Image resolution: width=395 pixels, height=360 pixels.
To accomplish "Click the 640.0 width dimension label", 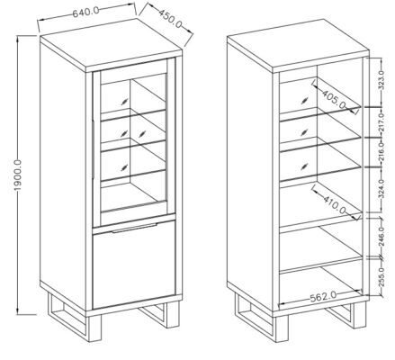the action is (x=85, y=12).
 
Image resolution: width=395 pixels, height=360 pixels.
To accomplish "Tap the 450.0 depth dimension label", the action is (x=170, y=19).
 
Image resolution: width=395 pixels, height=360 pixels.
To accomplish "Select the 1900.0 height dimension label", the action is (x=18, y=175).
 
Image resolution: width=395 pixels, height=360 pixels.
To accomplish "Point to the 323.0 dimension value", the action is (x=382, y=80).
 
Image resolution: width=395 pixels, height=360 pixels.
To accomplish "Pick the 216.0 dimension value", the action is (x=382, y=151).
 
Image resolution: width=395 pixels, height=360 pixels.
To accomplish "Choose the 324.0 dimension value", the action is (x=382, y=189).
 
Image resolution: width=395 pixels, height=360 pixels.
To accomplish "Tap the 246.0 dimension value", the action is (x=382, y=237).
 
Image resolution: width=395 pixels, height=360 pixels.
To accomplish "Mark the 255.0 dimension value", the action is (x=382, y=276).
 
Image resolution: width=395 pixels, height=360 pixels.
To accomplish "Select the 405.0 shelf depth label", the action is (x=334, y=98).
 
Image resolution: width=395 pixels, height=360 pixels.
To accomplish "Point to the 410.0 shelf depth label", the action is (x=335, y=203).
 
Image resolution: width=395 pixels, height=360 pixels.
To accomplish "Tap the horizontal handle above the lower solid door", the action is (x=135, y=228).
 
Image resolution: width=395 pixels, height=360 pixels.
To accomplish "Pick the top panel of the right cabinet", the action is (x=298, y=46).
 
